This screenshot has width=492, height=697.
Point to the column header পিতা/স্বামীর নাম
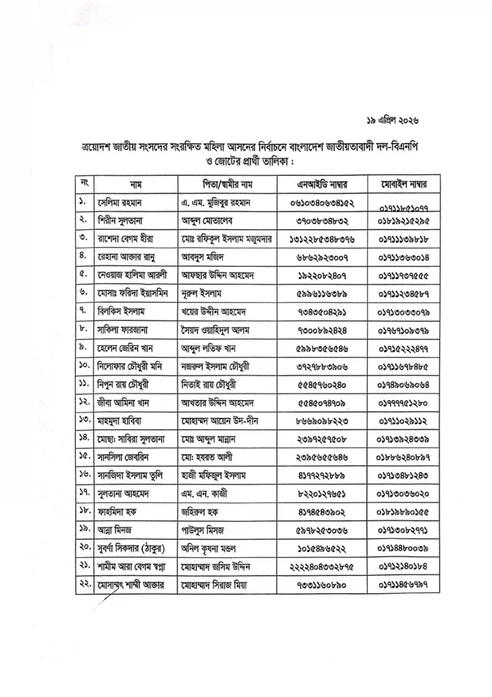(226, 185)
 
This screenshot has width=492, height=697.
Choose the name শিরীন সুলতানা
(124, 222)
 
